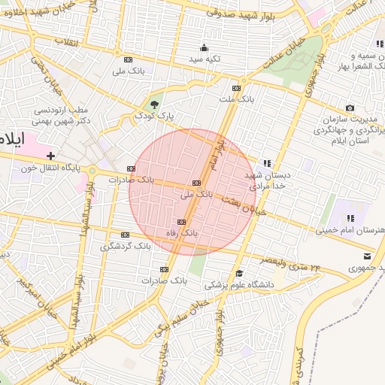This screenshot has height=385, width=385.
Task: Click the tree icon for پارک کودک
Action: [x=155, y=104]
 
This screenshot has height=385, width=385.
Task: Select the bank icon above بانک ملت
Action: [x=237, y=88]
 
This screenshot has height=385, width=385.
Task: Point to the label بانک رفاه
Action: [x=184, y=233]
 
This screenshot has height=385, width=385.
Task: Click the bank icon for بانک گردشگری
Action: [x=125, y=235]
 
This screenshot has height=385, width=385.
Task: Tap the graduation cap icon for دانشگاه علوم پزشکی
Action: [x=239, y=274]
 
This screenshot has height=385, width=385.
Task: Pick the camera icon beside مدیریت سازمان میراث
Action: [x=350, y=109]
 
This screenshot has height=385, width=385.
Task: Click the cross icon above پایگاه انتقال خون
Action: [x=50, y=155]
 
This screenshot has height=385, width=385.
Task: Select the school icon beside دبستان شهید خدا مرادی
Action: [x=266, y=162]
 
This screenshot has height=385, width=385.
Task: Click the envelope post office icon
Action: [x=356, y=256]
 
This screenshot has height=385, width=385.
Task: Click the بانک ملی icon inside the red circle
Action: [x=197, y=183]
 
